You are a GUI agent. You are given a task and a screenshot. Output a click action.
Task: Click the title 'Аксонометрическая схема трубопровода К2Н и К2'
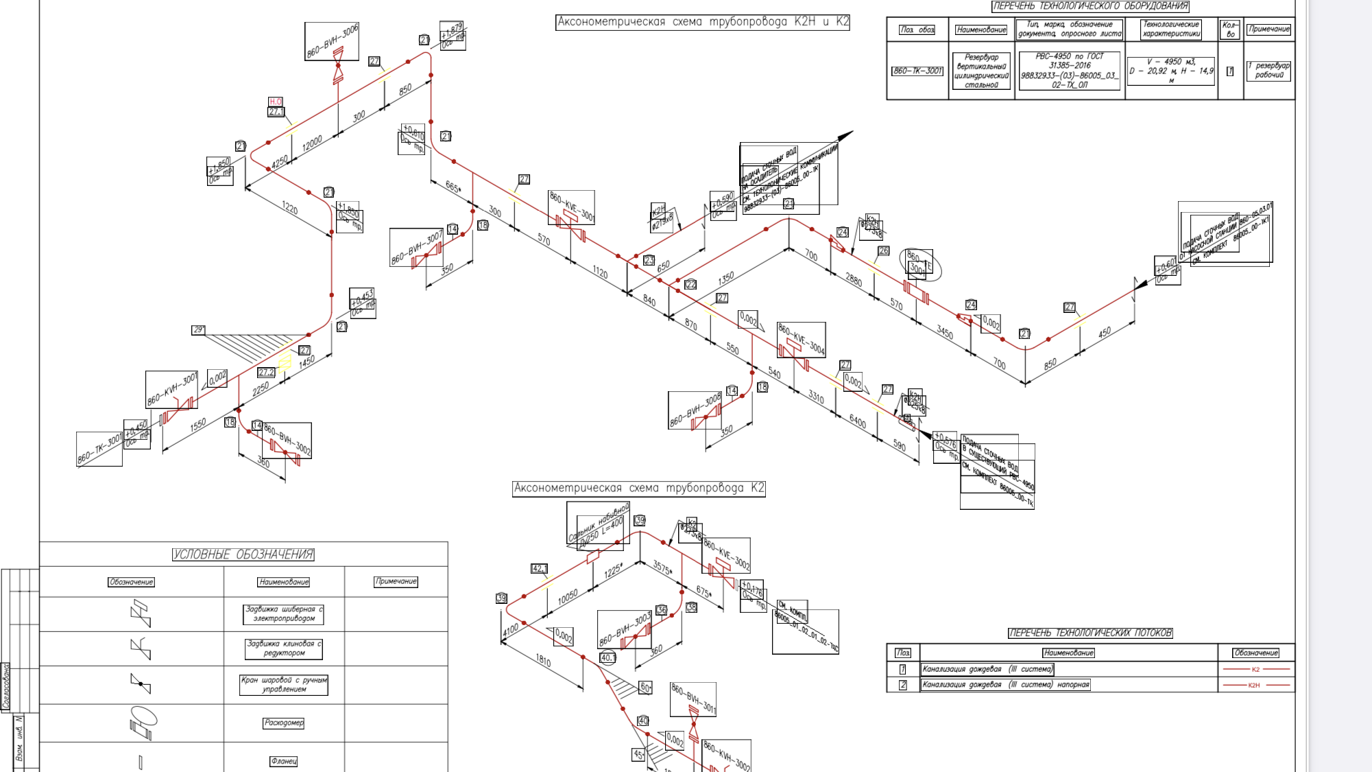click(703, 22)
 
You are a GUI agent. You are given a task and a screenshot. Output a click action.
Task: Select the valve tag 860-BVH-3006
click(332, 41)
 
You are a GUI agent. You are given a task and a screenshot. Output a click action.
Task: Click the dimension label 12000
click(312, 144)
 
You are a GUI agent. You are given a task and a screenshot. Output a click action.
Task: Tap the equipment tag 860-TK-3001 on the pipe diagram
click(99, 449)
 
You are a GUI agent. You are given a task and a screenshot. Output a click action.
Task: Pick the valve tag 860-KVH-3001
click(171, 389)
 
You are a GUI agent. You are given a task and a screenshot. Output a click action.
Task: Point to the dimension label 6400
click(858, 421)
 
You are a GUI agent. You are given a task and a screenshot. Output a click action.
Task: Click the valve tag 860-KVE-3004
click(801, 339)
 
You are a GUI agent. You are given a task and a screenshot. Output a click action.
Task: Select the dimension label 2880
click(854, 279)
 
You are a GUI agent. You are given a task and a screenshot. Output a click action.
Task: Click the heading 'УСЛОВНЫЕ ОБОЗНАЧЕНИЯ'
click(243, 554)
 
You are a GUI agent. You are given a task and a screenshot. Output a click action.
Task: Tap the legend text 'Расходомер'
click(284, 723)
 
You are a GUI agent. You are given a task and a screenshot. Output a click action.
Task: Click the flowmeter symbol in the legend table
click(143, 723)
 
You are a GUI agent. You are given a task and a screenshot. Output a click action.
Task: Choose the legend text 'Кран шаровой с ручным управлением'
click(284, 685)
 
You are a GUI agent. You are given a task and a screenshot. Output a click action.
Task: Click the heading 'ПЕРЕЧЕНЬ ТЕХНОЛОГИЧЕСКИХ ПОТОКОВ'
click(1090, 633)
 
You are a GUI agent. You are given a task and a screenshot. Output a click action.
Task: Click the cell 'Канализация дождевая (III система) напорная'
click(1006, 685)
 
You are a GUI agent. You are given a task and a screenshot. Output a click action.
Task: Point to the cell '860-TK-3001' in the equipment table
click(917, 71)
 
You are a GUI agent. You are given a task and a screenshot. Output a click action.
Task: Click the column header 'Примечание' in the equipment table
click(1269, 29)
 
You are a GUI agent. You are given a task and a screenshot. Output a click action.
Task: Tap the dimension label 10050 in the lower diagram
click(568, 597)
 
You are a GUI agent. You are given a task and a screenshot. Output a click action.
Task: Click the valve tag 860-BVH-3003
click(624, 630)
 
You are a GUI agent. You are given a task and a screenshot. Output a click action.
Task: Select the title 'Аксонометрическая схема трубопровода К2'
click(638, 488)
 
